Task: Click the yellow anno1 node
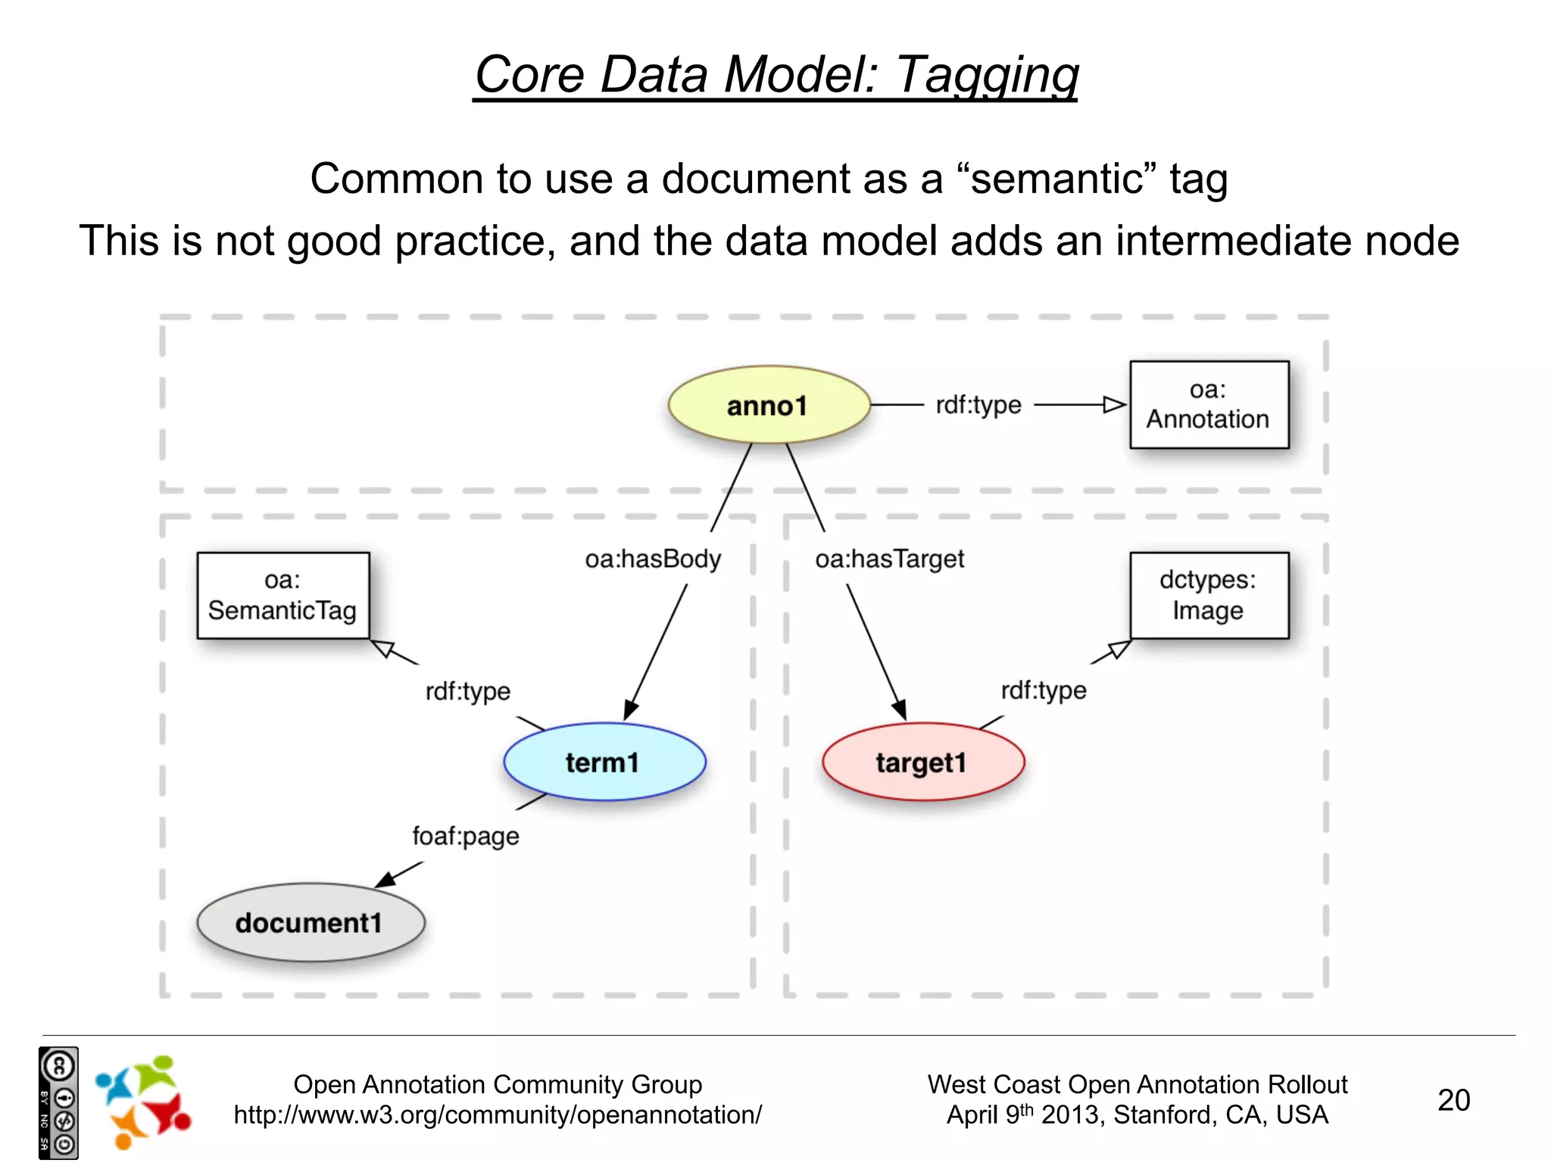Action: (768, 405)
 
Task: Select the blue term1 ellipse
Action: (604, 762)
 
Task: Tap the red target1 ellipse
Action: (922, 762)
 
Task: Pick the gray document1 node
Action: (310, 922)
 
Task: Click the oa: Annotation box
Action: (1209, 404)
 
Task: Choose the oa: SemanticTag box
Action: (282, 595)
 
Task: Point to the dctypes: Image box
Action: (1209, 595)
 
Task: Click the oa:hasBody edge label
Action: (653, 559)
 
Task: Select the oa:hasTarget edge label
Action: (890, 559)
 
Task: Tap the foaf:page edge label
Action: (466, 836)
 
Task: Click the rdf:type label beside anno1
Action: (978, 405)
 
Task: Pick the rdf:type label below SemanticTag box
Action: (468, 691)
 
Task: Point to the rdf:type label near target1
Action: (1044, 690)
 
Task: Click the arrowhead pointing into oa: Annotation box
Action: (1115, 405)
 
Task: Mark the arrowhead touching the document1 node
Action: (385, 879)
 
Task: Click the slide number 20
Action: (1453, 1100)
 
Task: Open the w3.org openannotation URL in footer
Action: (498, 1115)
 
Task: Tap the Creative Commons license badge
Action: (58, 1102)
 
